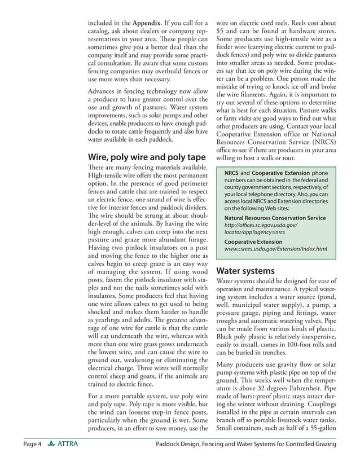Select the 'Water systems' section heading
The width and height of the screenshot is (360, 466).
pos(245,270)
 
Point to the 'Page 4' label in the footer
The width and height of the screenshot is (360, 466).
pos(32,445)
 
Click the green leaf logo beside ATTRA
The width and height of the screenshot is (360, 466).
pos(52,445)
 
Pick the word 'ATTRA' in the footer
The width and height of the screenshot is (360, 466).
pos(68,445)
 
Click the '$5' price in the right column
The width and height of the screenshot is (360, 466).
pos(222,33)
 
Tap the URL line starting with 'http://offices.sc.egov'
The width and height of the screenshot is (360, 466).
pos(260,225)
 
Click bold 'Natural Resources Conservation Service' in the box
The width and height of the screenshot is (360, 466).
pos(275,218)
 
